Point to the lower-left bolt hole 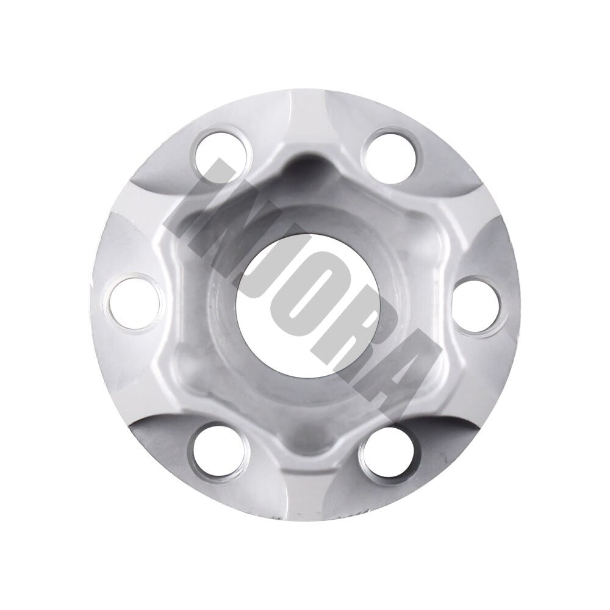(x=221, y=450)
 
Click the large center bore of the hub (x=304, y=304)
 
